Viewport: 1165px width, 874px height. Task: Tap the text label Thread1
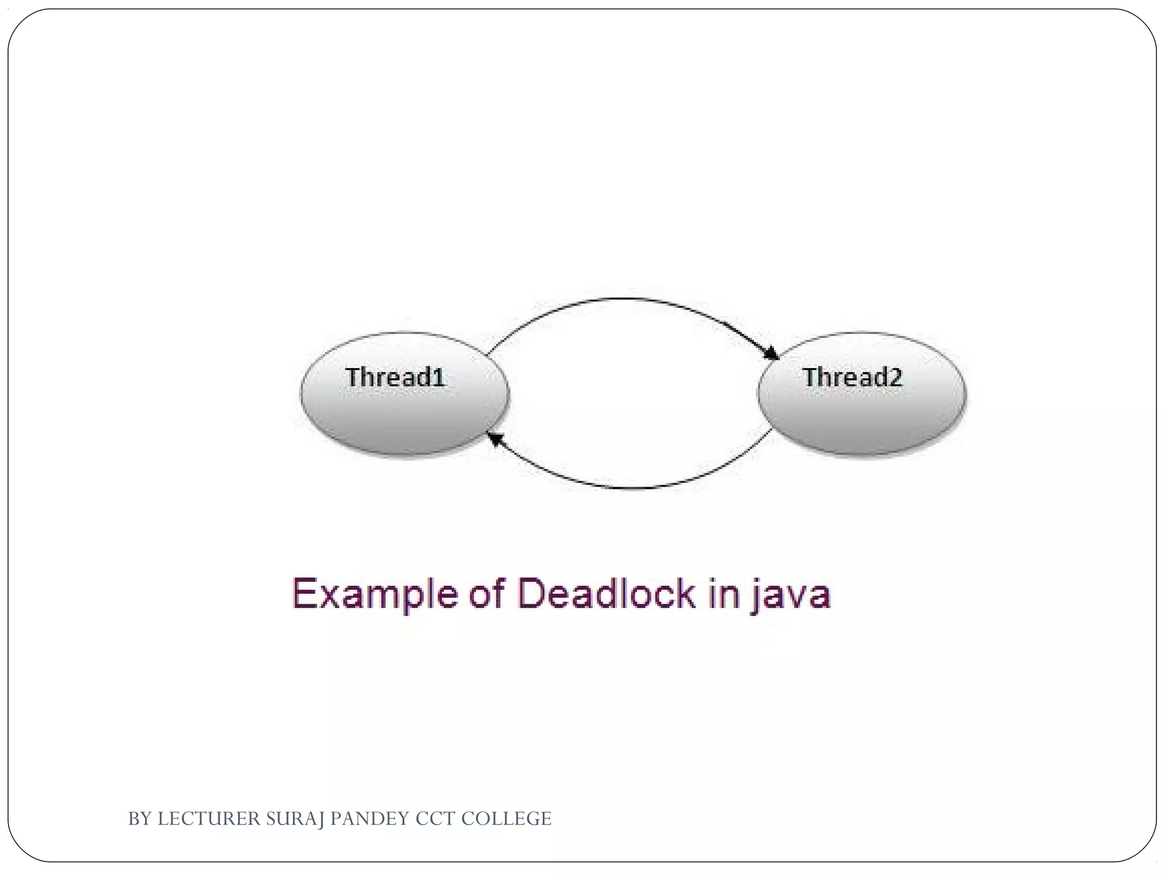point(395,377)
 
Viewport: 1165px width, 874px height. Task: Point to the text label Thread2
point(852,377)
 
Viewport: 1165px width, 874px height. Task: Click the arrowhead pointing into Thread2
point(772,353)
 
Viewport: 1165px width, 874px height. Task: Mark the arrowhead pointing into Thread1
point(495,439)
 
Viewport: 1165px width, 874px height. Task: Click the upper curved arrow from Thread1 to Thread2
point(626,299)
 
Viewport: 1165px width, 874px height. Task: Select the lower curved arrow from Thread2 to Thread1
point(631,488)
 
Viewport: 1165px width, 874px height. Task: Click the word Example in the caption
point(375,594)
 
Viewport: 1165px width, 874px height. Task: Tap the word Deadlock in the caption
point(606,594)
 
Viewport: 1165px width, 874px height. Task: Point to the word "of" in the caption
point(487,594)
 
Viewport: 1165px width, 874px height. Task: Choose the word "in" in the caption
point(724,594)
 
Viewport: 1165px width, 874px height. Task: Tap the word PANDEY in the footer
point(370,819)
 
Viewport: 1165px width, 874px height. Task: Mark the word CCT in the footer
point(435,819)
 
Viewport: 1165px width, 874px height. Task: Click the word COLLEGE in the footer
point(506,819)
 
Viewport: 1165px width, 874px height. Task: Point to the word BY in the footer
point(139,819)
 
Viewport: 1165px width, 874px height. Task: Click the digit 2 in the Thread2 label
point(895,377)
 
